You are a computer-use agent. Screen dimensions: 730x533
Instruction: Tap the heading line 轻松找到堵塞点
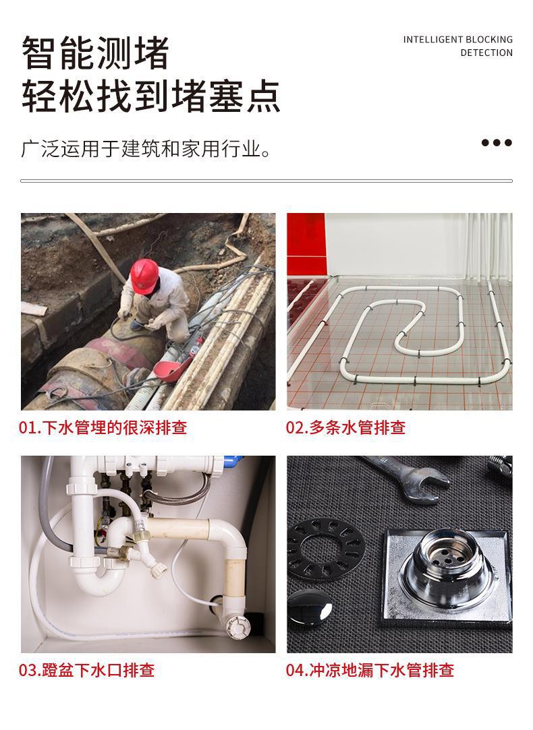[150, 96]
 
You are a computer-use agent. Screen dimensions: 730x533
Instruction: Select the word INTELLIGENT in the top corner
[433, 40]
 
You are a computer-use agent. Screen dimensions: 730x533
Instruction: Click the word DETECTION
[486, 53]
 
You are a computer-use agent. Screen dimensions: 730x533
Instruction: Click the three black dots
[496, 142]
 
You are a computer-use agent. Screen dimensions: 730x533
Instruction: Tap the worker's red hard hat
[144, 274]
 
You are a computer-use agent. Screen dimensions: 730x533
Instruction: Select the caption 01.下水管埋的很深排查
[103, 427]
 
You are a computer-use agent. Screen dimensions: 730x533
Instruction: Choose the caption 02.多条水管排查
[345, 427]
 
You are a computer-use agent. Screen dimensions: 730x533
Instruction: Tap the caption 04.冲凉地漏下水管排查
[370, 670]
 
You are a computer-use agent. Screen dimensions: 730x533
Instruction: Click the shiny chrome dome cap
[312, 609]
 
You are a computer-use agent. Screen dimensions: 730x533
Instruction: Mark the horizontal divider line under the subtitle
[266, 181]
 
